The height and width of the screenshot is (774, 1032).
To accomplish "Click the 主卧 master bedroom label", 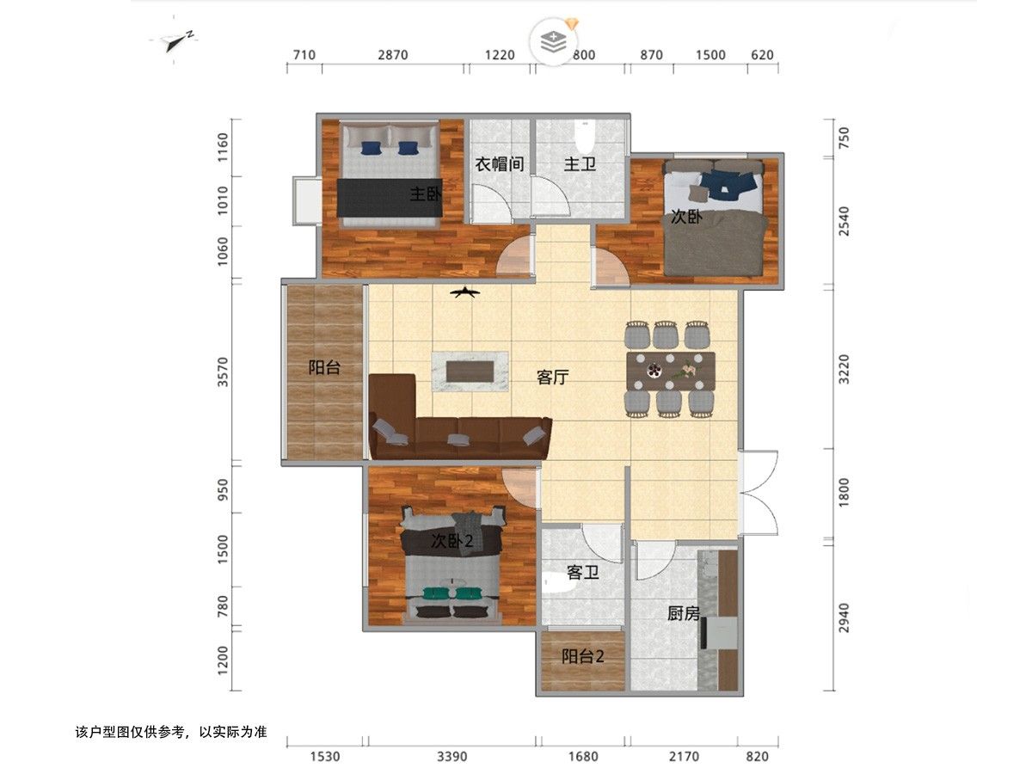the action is click(426, 193).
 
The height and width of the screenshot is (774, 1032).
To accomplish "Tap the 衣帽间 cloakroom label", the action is click(499, 164).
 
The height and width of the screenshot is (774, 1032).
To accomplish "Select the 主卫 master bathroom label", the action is click(580, 164).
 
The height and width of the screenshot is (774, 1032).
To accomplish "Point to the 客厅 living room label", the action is click(553, 377).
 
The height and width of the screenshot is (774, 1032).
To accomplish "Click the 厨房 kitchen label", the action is click(684, 613).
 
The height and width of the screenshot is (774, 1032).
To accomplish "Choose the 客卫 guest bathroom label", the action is click(583, 573).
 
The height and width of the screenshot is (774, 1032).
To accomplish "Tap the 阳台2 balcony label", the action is click(583, 656).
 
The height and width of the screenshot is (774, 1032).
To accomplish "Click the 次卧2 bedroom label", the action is click(452, 542).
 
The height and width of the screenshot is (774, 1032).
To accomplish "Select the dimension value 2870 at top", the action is click(392, 55).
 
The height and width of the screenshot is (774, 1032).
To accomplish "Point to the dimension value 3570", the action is click(223, 372).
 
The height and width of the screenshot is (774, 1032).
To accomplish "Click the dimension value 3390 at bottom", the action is click(451, 757).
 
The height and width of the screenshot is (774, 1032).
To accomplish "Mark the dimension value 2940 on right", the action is click(844, 617).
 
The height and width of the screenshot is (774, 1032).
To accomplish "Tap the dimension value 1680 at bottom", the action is click(583, 757).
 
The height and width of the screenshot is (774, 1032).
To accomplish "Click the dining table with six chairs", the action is click(670, 370).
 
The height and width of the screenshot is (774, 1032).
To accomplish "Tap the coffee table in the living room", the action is click(470, 371).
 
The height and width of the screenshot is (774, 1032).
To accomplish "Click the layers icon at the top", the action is click(554, 42).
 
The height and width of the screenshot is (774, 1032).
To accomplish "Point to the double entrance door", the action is click(758, 493).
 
